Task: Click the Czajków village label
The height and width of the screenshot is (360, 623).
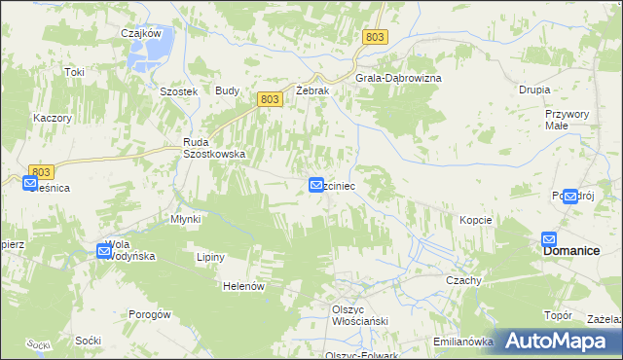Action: [x=140, y=32]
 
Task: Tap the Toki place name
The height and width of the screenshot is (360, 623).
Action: [x=75, y=72]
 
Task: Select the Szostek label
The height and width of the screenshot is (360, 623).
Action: [x=179, y=90]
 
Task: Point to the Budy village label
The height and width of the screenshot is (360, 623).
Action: [x=228, y=90]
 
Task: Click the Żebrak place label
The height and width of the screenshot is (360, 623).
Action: [x=313, y=90]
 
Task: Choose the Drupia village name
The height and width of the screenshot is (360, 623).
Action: [x=534, y=90]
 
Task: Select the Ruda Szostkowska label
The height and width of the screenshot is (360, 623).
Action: [x=215, y=147]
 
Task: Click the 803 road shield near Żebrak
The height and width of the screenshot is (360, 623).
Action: [x=272, y=99]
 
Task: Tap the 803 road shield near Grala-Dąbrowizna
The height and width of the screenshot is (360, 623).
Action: [x=376, y=37]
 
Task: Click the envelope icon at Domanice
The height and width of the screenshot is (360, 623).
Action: [x=549, y=239]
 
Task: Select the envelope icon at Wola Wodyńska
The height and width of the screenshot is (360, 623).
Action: [x=104, y=251]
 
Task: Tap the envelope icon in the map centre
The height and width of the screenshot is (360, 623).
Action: [x=316, y=184]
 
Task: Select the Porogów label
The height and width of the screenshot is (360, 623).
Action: [x=150, y=314]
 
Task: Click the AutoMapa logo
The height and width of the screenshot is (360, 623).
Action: [x=559, y=341]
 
